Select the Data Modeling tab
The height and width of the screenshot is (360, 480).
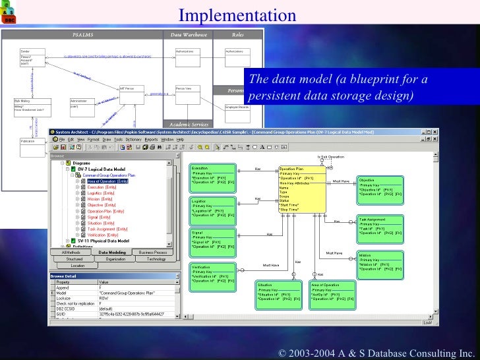(x=113, y=252)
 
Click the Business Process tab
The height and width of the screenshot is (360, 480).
(x=152, y=252)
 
